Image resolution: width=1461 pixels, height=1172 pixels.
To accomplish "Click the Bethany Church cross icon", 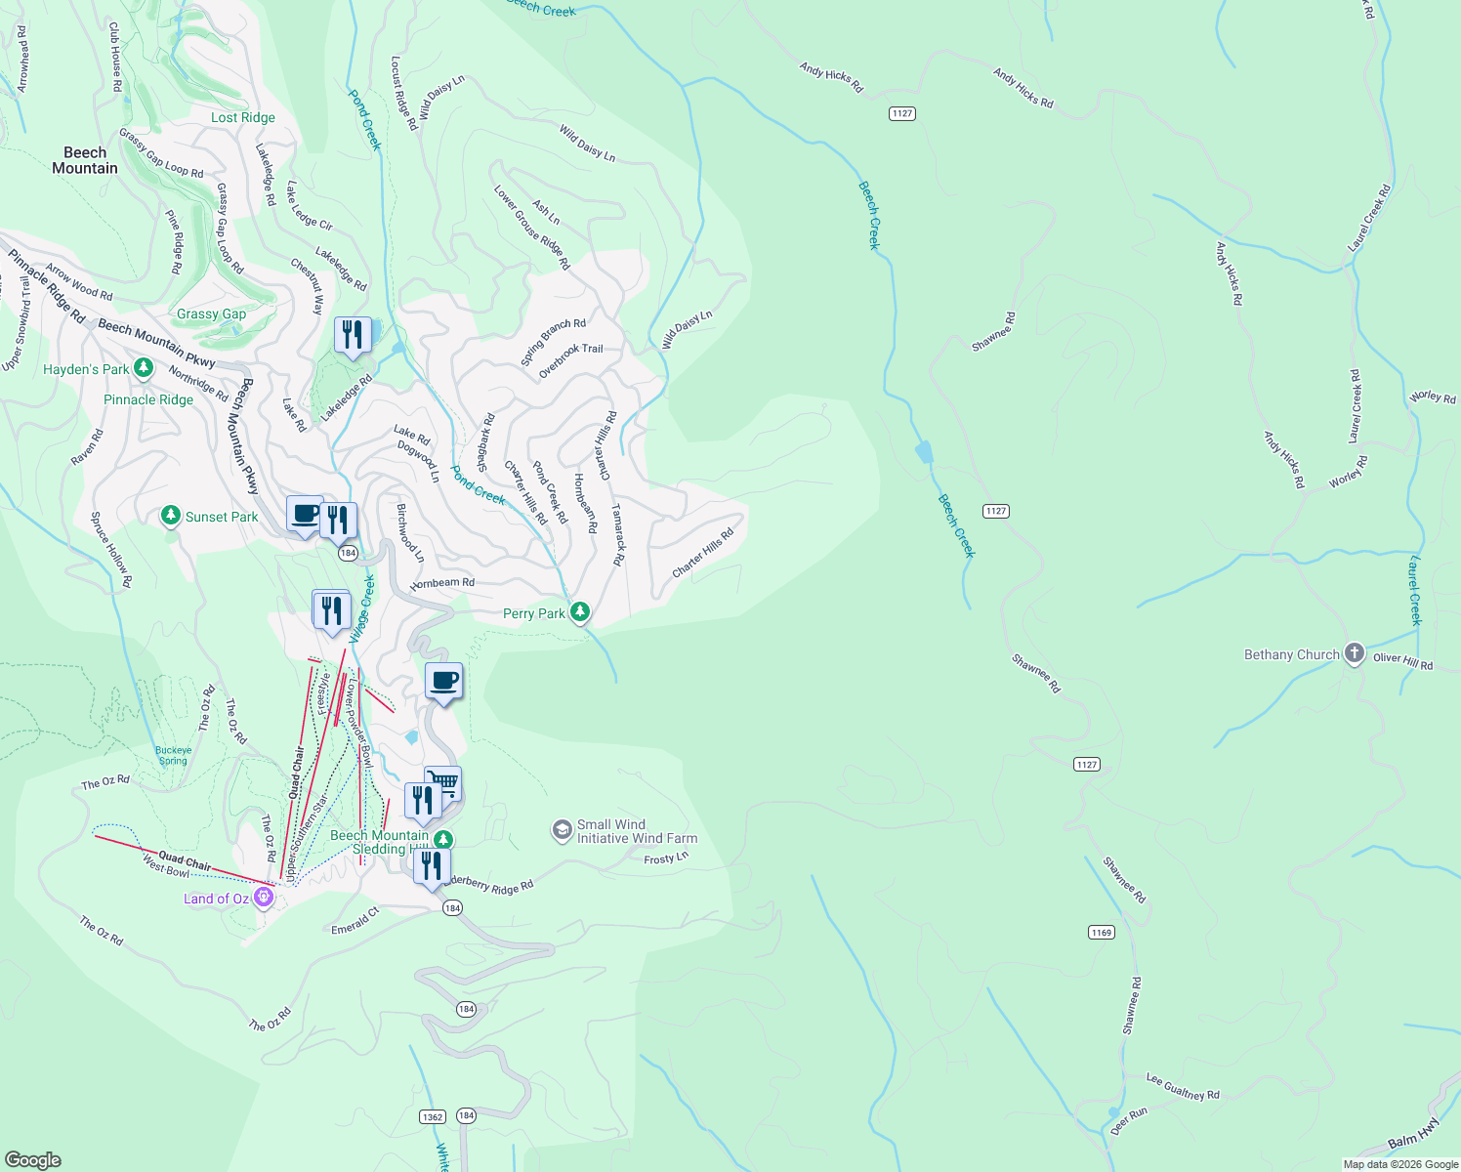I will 1354,653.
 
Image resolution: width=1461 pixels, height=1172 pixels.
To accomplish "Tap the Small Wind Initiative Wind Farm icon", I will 562,830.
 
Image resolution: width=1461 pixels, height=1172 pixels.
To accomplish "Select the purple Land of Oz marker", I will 263,897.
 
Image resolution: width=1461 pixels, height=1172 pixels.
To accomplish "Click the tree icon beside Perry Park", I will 580,612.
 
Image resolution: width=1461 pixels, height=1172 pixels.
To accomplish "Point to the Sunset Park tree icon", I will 171,515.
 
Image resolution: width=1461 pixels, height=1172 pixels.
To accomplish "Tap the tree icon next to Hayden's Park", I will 144,367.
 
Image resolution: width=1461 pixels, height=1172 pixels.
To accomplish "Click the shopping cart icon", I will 444,782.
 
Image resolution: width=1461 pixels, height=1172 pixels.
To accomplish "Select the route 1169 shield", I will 1101,932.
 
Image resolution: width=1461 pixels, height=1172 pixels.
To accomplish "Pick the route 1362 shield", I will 433,1116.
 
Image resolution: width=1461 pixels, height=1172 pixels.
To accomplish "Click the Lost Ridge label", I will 243,117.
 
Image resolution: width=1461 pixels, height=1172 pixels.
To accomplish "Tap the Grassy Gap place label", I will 211,314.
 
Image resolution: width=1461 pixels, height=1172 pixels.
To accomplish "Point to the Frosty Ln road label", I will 666,858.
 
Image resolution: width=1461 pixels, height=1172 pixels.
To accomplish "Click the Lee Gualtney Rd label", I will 1183,1087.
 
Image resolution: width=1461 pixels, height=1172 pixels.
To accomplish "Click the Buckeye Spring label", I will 174,756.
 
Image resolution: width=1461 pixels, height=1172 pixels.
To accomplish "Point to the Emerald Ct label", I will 355,922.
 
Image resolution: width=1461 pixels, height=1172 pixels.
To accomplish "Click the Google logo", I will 32,1159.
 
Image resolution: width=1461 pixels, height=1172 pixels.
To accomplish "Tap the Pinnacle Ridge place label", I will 148,399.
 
